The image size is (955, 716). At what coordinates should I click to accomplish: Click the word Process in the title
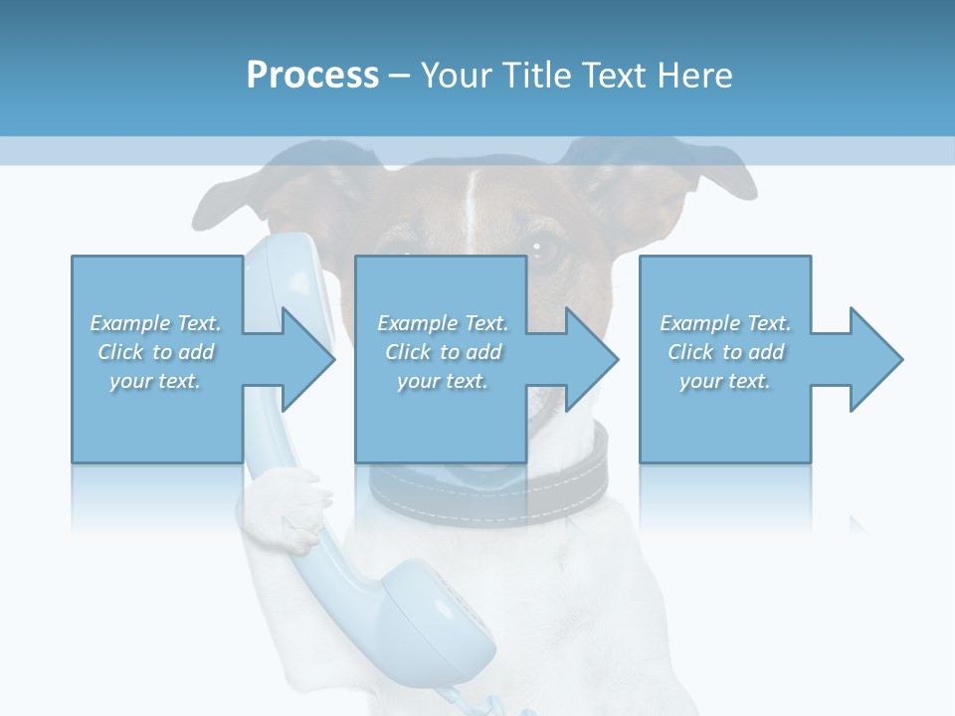click(312, 75)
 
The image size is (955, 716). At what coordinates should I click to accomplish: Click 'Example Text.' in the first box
click(156, 323)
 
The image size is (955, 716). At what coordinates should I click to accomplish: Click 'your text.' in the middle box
click(443, 381)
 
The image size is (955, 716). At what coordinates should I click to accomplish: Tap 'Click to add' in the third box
click(726, 352)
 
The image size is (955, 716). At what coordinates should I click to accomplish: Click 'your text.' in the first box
click(156, 381)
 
